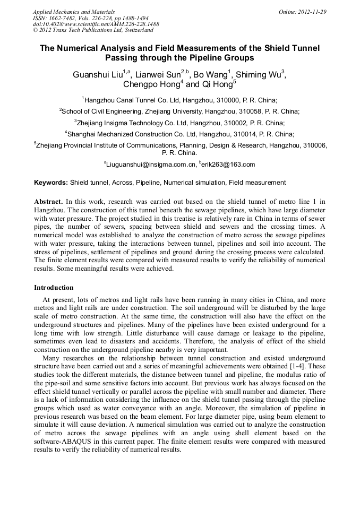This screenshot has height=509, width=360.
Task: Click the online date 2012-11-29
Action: [x=313, y=12]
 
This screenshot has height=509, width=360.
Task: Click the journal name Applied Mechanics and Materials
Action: [x=74, y=12]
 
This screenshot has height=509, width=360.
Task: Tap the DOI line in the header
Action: [x=96, y=24]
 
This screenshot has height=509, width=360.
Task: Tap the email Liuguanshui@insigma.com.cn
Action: [x=150, y=165]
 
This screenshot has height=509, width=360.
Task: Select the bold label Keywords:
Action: [x=51, y=183]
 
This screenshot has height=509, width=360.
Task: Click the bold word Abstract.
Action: [x=48, y=202]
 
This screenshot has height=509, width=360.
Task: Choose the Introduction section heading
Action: [x=54, y=288]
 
